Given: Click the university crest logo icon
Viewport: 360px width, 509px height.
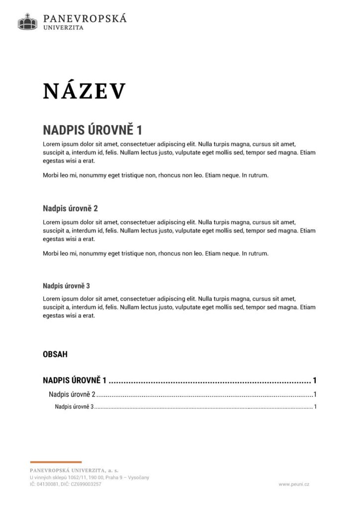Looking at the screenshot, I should click(x=28, y=21).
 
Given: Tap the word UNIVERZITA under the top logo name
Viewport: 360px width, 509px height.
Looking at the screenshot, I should click(x=64, y=28).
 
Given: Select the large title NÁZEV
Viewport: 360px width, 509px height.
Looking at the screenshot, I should click(x=84, y=91).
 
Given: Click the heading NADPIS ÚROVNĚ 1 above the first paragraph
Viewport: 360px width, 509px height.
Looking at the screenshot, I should click(x=92, y=130).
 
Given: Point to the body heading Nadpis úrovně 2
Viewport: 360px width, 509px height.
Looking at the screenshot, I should click(x=70, y=208).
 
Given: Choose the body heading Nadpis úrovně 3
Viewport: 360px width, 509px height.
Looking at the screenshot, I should click(x=66, y=286).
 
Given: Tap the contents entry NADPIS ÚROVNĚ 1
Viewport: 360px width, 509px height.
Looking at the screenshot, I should click(x=75, y=381).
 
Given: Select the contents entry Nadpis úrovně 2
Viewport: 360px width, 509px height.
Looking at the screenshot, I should click(x=72, y=395).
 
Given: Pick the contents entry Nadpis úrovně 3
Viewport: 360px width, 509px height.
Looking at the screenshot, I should click(x=74, y=407).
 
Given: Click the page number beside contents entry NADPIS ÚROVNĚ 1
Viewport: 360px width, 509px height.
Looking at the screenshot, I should click(x=315, y=381).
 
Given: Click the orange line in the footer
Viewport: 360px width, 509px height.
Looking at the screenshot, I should click(x=56, y=462).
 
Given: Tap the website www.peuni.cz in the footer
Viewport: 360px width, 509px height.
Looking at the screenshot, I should click(x=294, y=484).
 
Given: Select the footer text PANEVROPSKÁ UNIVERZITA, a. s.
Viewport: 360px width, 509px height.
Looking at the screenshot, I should click(x=74, y=470).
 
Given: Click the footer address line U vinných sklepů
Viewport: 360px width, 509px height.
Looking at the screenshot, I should click(x=89, y=477).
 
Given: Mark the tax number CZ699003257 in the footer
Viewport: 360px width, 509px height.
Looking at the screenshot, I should click(x=85, y=484).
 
